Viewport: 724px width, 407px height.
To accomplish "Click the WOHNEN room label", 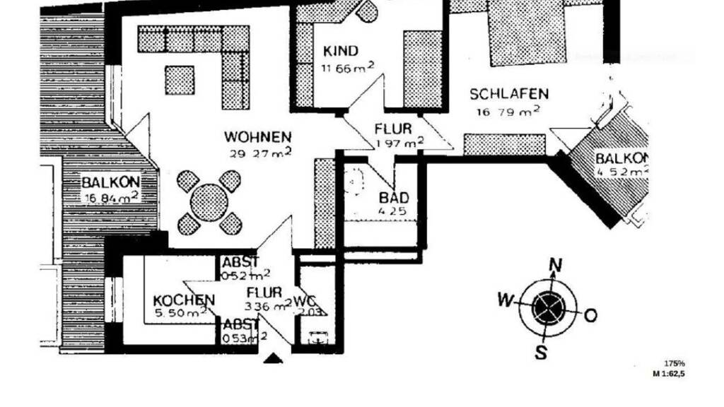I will [257, 136].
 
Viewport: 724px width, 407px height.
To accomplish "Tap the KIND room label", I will [341, 52].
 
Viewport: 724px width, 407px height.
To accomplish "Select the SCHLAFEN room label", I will [509, 94].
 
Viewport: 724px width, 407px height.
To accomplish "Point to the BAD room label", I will [394, 198].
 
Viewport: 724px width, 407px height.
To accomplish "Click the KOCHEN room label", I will [184, 300].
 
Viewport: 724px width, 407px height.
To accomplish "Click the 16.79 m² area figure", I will [508, 110].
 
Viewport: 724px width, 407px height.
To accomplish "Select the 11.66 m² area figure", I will [346, 68].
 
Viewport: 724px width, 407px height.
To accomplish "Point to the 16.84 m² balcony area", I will [111, 199].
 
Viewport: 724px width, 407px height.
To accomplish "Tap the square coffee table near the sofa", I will [180, 80].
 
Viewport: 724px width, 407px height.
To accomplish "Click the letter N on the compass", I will [556, 266].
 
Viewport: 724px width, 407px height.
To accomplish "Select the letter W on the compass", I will [505, 300].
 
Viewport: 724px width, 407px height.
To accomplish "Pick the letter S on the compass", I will [541, 351].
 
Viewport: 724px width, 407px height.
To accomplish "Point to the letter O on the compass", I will [591, 314].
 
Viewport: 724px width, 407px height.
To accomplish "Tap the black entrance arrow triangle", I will [273, 359].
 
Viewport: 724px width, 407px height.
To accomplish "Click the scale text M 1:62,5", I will [668, 373].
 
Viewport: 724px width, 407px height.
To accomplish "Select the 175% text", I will [675, 362].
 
